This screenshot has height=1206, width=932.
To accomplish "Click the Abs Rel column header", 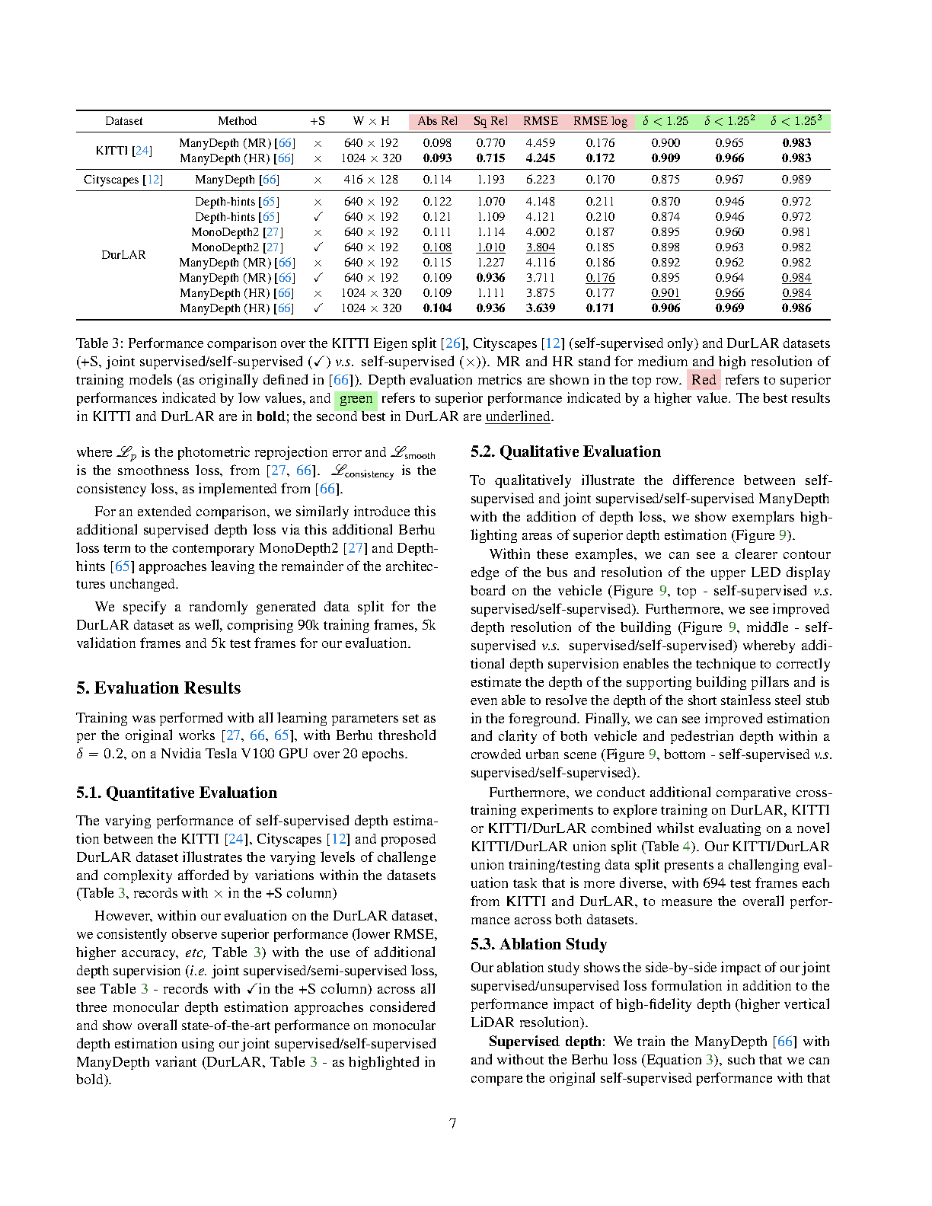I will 437,121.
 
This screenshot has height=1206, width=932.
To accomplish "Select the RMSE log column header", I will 600,121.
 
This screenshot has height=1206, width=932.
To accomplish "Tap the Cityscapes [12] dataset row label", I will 123,180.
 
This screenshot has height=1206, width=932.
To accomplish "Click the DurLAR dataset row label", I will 123,255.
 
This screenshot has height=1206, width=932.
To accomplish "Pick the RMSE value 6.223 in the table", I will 540,180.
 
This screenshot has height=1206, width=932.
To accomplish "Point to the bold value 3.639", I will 540,308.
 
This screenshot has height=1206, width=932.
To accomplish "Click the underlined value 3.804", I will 540,247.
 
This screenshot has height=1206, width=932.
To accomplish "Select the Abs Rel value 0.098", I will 437,143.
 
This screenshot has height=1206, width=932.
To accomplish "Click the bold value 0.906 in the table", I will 665,308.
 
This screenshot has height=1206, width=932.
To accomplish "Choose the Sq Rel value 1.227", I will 490,263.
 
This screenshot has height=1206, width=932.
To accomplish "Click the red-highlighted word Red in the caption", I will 704,380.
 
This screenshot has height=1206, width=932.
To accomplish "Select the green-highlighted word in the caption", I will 356,398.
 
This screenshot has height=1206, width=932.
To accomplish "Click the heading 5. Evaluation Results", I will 158,688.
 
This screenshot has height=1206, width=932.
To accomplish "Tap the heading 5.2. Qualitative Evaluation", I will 565,451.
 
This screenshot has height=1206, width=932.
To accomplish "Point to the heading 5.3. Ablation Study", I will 538,944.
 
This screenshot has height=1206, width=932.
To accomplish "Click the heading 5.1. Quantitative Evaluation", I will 176,793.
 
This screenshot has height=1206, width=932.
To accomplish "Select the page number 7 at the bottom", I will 453,1124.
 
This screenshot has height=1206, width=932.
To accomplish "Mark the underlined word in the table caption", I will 518,416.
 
